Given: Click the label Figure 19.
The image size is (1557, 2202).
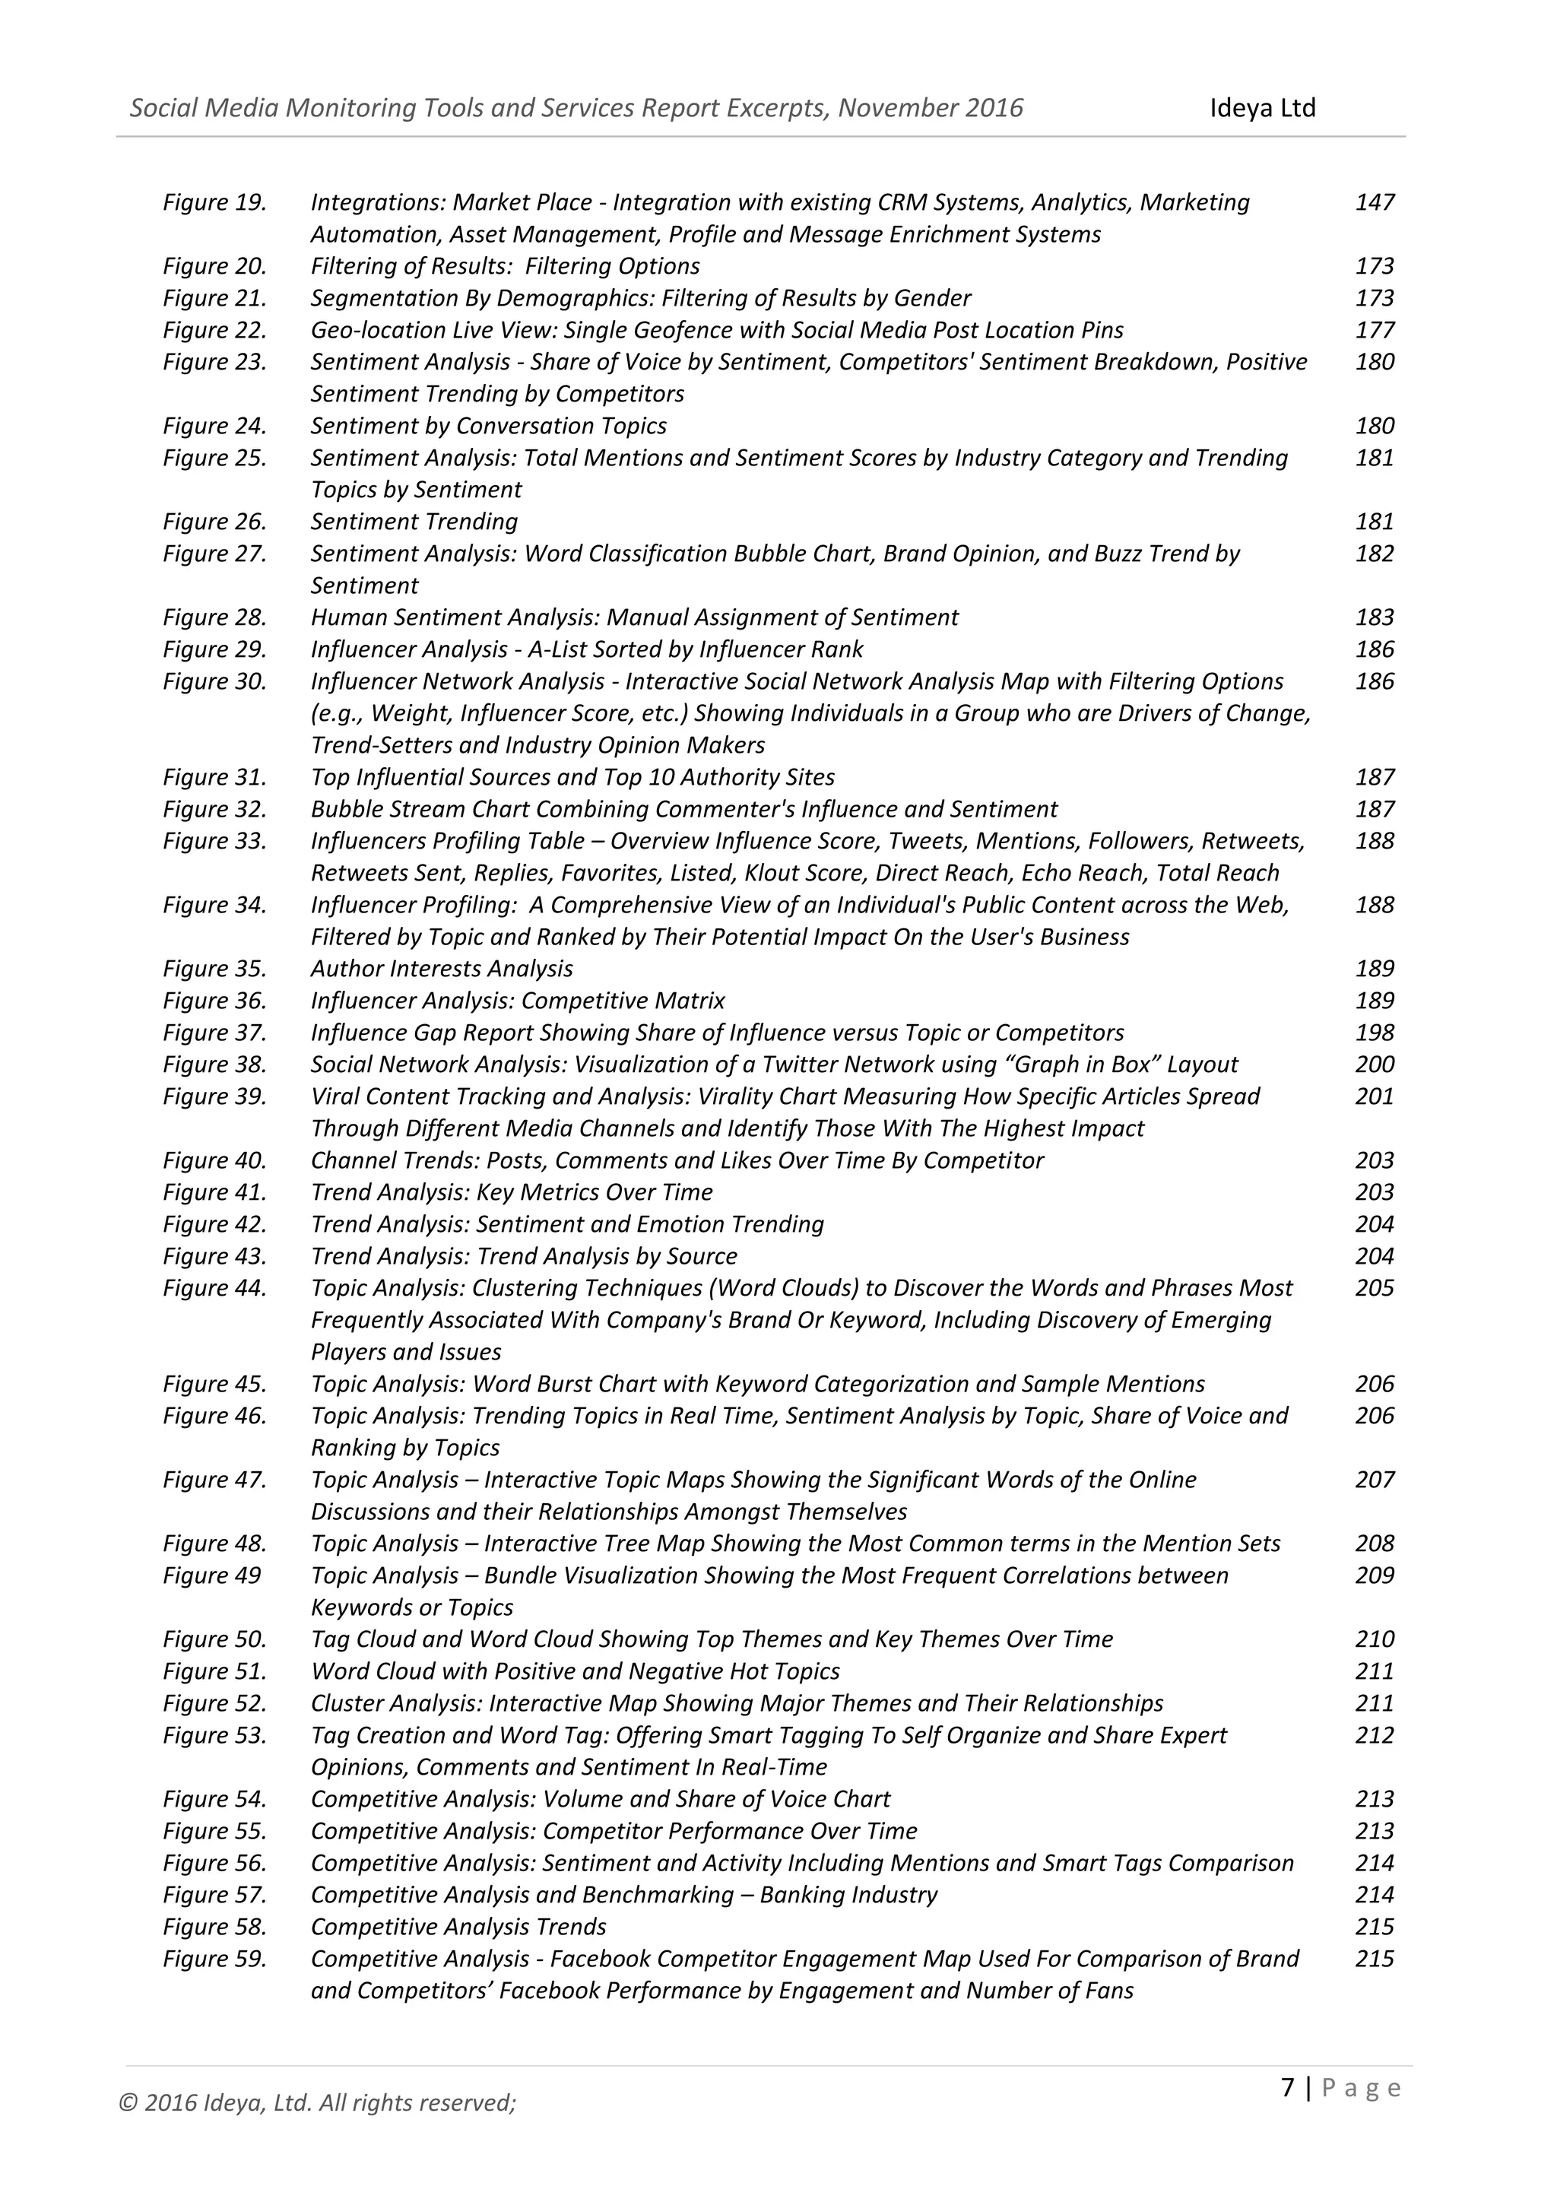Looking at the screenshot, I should (x=214, y=202).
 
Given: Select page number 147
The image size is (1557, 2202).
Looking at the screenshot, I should (x=1374, y=202).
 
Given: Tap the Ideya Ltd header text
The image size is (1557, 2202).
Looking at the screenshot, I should (x=1262, y=107).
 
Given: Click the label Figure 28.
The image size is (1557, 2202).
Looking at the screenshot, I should (x=214, y=617).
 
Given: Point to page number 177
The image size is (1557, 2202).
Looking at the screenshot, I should (x=1374, y=330).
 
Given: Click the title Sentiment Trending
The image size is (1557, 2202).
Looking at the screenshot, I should (x=414, y=522).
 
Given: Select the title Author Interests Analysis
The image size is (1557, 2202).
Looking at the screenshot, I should (x=441, y=969).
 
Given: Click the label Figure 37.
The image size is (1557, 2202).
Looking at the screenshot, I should (x=214, y=1033).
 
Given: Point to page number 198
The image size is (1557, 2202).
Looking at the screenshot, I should (x=1374, y=1033).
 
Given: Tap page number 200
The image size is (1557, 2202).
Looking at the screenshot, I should (x=1374, y=1065).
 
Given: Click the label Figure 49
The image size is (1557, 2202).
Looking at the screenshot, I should (x=212, y=1575).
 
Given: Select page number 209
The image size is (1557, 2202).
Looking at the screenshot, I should (x=1374, y=1575).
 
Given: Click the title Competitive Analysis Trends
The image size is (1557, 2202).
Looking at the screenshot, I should (x=458, y=1927).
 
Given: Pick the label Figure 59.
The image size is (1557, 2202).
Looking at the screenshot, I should (x=214, y=1959).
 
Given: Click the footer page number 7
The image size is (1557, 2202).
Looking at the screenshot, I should (x=1288, y=2088).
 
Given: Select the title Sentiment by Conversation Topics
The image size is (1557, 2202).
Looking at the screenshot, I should (x=488, y=426).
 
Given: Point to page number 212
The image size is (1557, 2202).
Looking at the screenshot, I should (x=1374, y=1735).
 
